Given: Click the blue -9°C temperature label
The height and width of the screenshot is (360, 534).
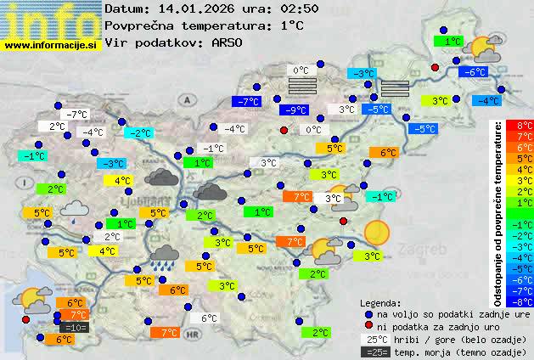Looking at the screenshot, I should [x=295, y=110].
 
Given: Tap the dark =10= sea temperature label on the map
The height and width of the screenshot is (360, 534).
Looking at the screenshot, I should [x=73, y=327].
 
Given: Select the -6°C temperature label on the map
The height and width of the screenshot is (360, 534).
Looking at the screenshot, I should [x=471, y=72].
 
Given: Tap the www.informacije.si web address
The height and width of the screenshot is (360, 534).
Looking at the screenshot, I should [x=51, y=45].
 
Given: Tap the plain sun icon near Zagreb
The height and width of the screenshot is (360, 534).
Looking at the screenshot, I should [x=376, y=231].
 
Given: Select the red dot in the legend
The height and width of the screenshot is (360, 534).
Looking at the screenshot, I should [x=368, y=326].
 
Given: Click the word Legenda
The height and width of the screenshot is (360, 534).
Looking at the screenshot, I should [x=381, y=301].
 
